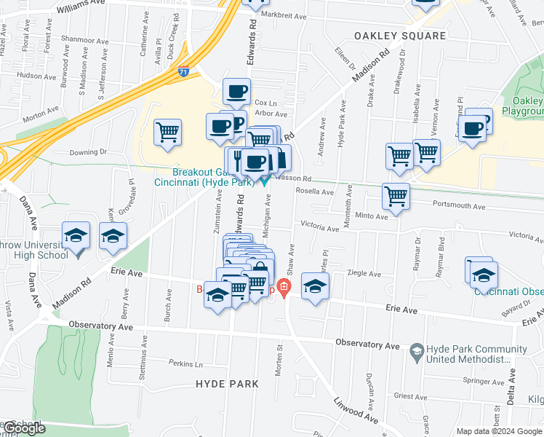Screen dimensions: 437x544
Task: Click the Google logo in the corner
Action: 24,428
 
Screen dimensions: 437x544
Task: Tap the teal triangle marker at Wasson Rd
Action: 265,182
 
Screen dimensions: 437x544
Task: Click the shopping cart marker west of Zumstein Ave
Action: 168,133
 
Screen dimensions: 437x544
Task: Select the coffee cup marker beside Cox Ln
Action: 235,92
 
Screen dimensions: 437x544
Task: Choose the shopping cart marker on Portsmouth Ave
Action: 396,196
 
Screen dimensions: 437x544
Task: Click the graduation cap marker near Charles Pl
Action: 315,286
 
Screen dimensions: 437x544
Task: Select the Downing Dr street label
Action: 88,152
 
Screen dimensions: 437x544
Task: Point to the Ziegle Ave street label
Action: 364,274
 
